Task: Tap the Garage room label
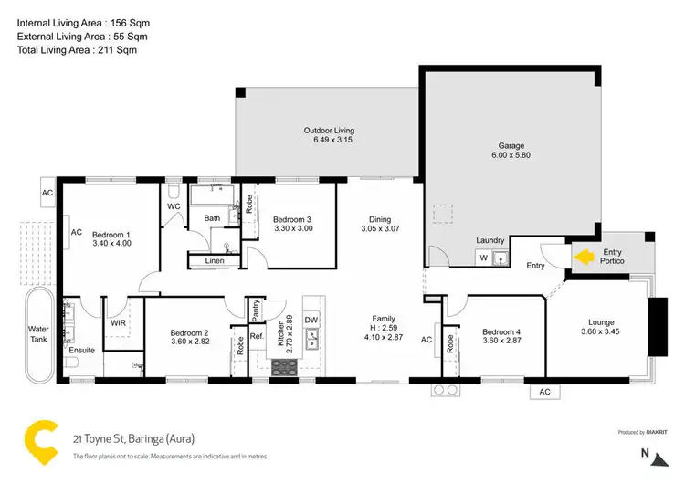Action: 515,144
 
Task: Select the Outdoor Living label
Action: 329,131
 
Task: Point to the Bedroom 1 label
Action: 112,234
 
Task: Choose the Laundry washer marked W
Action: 482,258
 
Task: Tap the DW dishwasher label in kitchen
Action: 311,320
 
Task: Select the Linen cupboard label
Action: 215,262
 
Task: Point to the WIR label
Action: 117,323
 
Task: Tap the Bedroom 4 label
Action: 501,331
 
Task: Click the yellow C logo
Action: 40,441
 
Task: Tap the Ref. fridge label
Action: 257,336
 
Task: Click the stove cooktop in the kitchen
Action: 286,366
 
